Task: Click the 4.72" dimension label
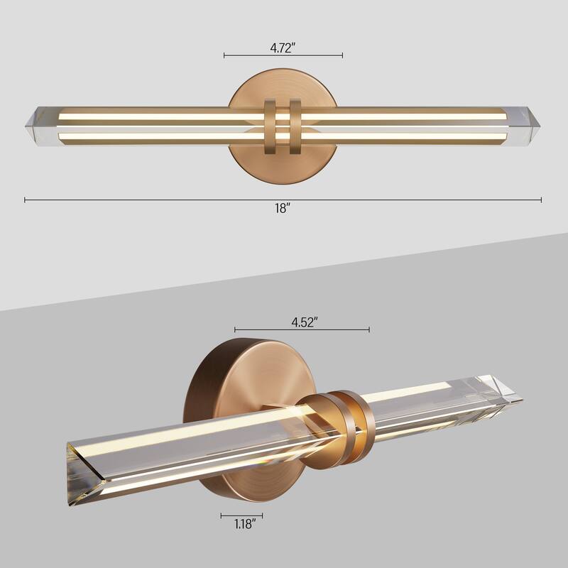(x=283, y=48)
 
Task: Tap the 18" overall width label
(x=283, y=209)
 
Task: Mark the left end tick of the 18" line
(x=25, y=200)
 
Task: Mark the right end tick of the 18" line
(x=541, y=200)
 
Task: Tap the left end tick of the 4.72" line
(x=224, y=55)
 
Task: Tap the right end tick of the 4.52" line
(x=369, y=329)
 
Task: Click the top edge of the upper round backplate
(x=283, y=69)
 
